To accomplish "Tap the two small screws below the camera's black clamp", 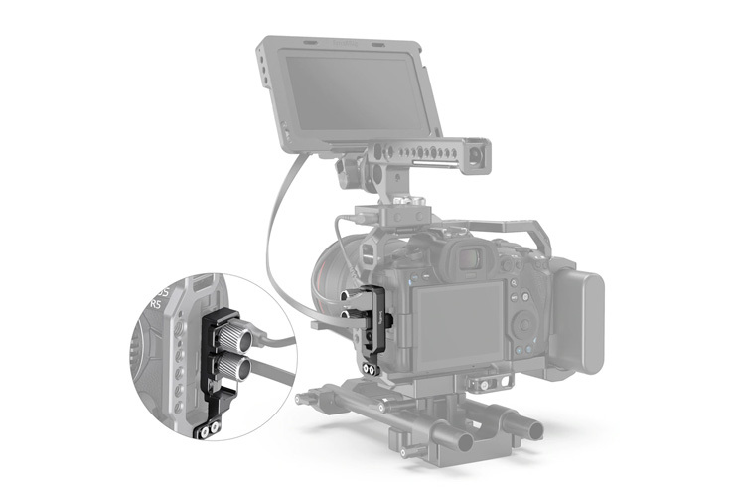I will coord(371,369).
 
